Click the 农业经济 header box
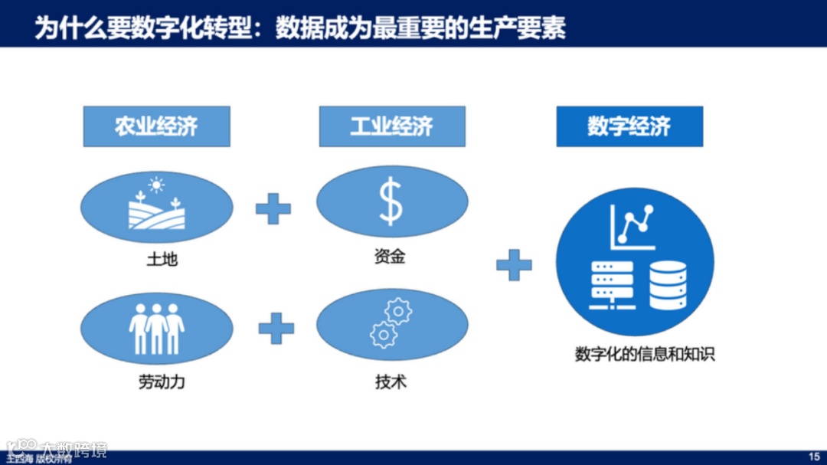(156, 126)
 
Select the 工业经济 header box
(392, 126)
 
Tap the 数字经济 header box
(629, 126)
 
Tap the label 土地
(162, 259)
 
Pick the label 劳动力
(162, 381)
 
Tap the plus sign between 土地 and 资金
(273, 208)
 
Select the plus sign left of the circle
(514, 265)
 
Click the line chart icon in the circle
(633, 226)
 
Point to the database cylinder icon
(667, 284)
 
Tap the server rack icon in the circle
(611, 285)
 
